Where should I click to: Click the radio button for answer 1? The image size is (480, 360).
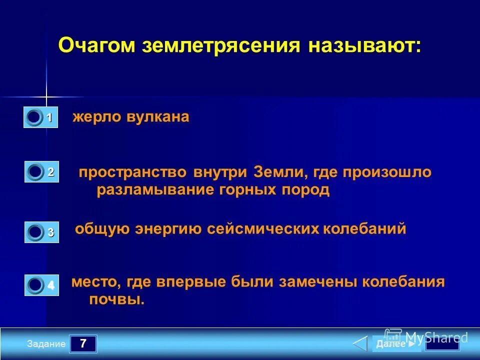[x=34, y=117]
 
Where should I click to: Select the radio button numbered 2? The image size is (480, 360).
[x=35, y=172]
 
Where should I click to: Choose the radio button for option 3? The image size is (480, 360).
[x=35, y=232]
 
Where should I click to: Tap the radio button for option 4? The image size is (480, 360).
[x=35, y=285]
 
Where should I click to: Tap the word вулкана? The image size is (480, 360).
[x=157, y=117]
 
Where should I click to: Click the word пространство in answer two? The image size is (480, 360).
[x=132, y=172]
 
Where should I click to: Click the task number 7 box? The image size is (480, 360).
[x=83, y=344]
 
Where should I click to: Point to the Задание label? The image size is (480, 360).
[x=46, y=344]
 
